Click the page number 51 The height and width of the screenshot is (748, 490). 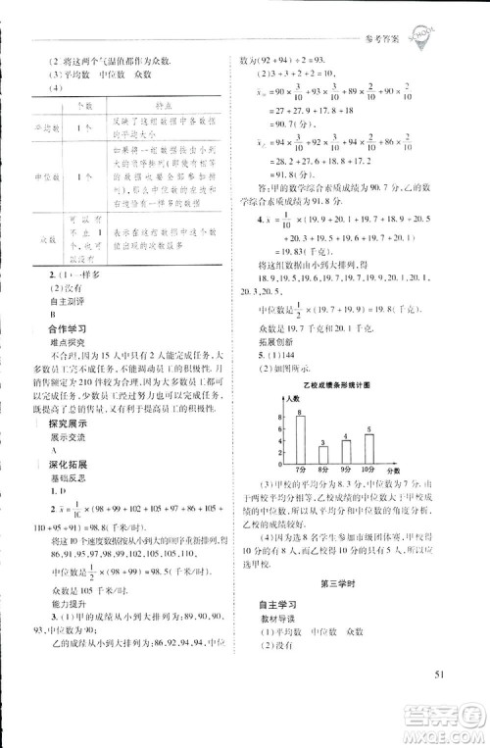438,672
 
